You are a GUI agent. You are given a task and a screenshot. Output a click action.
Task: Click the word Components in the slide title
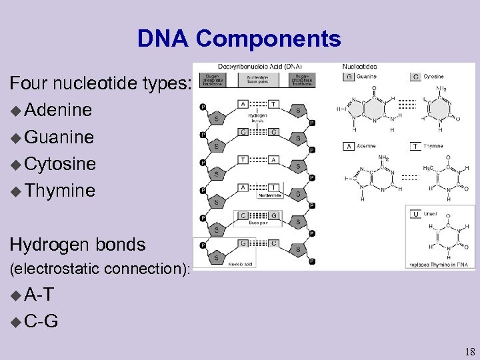click(268, 39)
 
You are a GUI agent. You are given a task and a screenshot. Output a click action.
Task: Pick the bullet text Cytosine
click(60, 164)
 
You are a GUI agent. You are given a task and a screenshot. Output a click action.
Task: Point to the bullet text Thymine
click(59, 191)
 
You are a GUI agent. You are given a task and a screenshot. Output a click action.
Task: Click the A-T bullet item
click(39, 295)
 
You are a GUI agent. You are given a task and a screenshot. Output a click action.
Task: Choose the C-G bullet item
click(41, 321)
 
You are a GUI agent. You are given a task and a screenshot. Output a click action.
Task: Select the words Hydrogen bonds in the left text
click(77, 245)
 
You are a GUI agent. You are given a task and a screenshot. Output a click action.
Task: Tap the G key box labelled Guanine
click(348, 77)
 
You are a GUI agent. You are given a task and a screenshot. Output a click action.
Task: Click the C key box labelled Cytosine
click(415, 77)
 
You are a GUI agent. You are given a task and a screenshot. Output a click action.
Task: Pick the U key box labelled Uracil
click(415, 214)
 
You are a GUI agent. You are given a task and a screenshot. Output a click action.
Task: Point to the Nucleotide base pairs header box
click(263, 80)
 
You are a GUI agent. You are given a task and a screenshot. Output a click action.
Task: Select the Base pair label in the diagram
click(257, 223)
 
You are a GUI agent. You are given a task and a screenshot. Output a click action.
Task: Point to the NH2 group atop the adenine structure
click(383, 159)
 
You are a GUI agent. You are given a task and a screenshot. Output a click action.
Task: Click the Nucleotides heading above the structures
click(360, 67)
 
